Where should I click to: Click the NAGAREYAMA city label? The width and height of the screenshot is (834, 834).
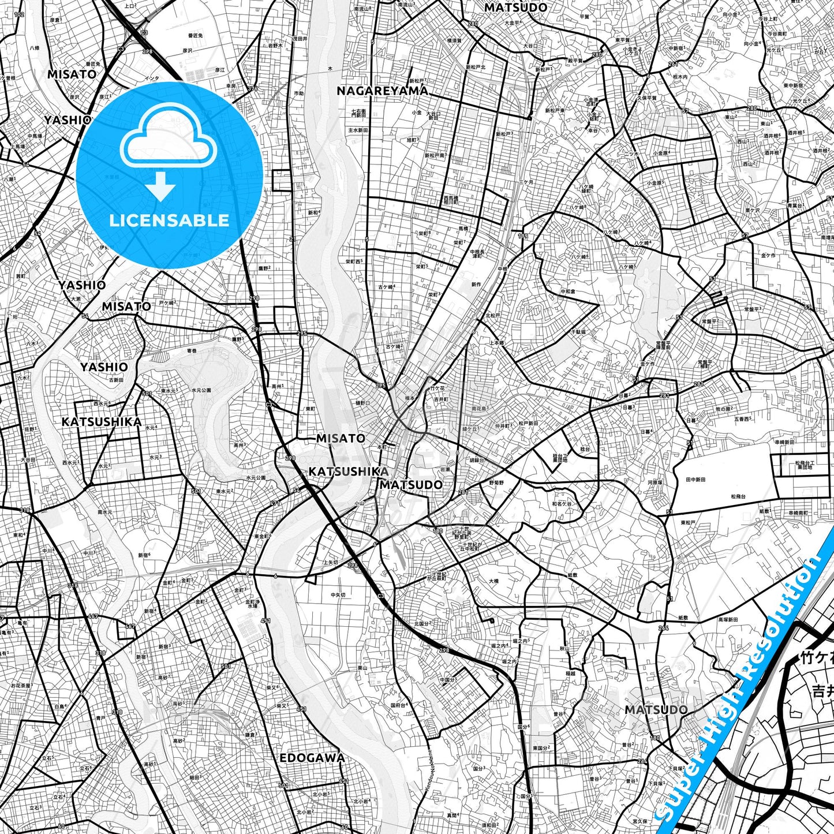click(x=382, y=91)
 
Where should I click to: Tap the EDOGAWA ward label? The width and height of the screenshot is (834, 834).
click(x=312, y=758)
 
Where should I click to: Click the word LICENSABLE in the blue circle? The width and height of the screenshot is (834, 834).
click(x=169, y=220)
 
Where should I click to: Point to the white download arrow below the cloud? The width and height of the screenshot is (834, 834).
click(x=161, y=186)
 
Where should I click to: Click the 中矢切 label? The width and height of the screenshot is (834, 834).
click(x=338, y=595)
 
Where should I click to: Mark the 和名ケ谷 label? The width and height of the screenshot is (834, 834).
click(x=562, y=504)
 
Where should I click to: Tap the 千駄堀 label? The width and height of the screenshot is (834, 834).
click(x=578, y=332)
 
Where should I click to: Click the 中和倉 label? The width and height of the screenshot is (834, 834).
click(x=568, y=291)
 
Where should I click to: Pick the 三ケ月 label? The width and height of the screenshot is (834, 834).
click(x=526, y=182)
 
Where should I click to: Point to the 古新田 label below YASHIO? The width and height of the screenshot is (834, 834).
click(x=116, y=380)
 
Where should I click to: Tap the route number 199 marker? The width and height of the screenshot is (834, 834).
click(x=523, y=236)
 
